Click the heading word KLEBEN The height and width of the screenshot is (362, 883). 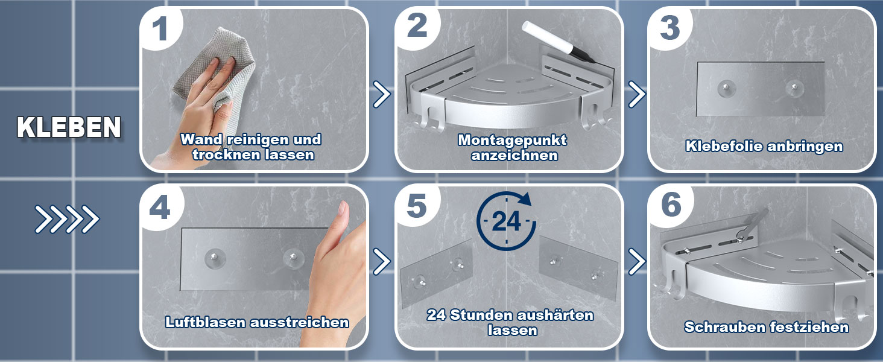69,127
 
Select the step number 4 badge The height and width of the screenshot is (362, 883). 160,207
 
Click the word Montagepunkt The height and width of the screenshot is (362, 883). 512,140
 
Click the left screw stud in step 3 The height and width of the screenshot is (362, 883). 726,87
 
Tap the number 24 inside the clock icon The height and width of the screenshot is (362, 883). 506,221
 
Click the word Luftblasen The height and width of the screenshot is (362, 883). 206,322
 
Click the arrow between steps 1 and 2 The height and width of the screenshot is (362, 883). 382,95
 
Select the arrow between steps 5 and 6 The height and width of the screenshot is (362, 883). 637,261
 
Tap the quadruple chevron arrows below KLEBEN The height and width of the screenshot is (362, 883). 67,219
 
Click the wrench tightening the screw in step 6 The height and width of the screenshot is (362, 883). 752,226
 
